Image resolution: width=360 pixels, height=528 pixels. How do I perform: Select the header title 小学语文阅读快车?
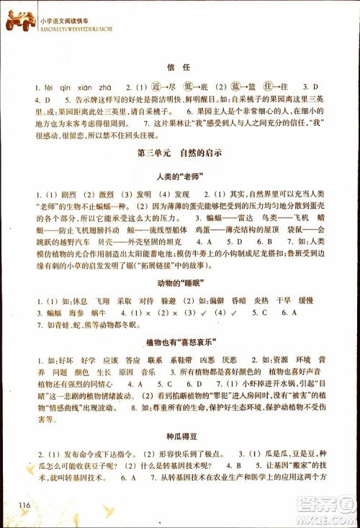(65, 13)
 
